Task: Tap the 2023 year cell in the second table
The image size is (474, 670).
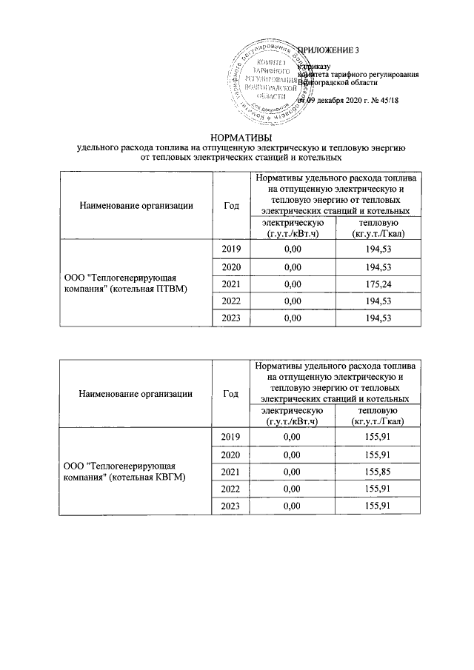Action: point(231,505)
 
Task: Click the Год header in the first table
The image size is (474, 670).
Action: point(231,205)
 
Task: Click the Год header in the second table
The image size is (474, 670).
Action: point(231,393)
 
